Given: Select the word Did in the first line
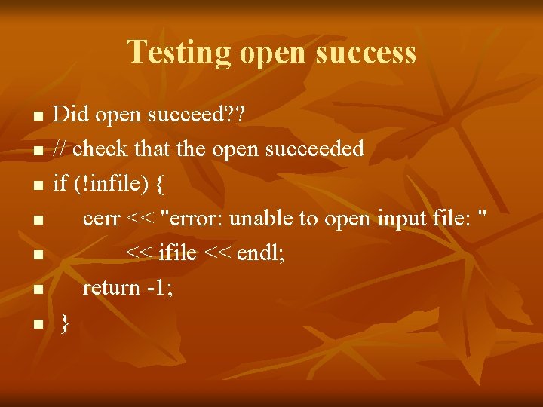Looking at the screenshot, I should click(x=67, y=114).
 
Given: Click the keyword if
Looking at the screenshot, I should click(x=59, y=183).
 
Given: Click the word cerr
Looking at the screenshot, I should click(x=102, y=219).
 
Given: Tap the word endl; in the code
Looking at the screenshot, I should click(x=261, y=253).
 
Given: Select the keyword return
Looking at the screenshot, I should click(x=111, y=287).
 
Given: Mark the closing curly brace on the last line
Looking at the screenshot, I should click(x=65, y=323).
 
